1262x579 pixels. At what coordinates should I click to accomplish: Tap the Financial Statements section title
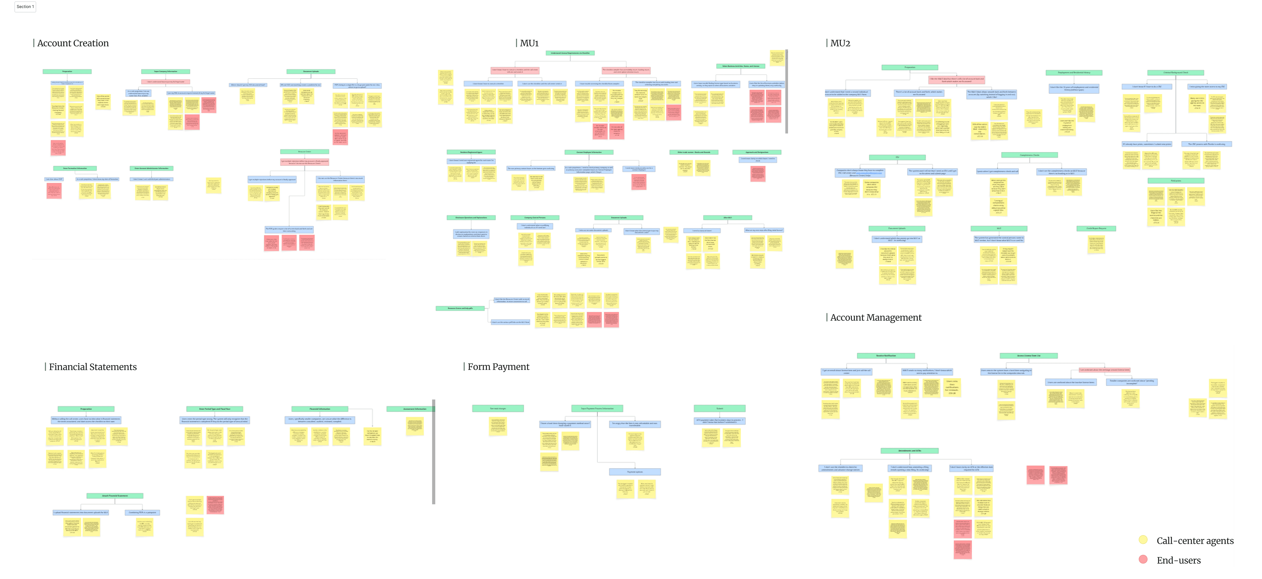click(93, 367)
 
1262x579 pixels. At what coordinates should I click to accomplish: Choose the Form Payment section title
click(498, 367)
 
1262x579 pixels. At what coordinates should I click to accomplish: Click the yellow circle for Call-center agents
click(1143, 540)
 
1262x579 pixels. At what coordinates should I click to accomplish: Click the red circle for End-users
click(1143, 559)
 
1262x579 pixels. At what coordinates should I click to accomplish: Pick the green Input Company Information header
click(166, 72)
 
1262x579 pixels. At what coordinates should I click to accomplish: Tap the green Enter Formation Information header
click(75, 168)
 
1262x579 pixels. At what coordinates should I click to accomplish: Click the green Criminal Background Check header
click(1176, 72)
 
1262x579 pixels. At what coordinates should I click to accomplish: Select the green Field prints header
click(1176, 181)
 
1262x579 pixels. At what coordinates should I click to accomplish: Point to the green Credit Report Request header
click(1096, 228)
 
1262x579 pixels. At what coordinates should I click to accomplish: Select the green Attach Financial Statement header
click(115, 496)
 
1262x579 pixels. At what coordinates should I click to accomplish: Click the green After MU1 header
click(728, 217)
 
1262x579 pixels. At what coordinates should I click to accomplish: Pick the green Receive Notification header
click(886, 356)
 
